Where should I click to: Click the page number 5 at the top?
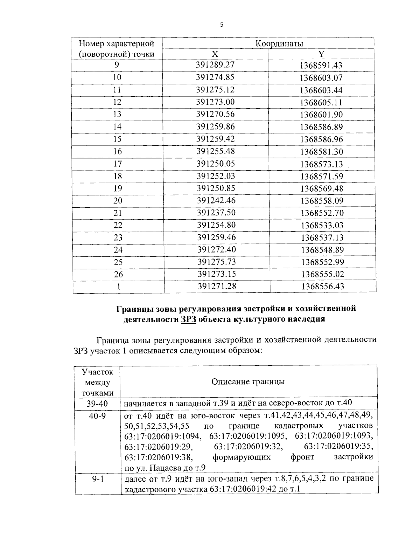tap(221, 25)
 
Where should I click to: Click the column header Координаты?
tap(279, 43)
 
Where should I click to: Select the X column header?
tap(215, 54)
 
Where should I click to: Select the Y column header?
tap(321, 54)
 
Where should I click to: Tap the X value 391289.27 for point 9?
tap(215, 65)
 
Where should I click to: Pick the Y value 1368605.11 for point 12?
tap(321, 102)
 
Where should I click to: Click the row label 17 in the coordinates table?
tap(118, 164)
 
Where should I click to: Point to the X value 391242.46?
tap(216, 200)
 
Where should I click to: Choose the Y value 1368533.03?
tap(322, 225)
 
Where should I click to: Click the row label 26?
tap(118, 274)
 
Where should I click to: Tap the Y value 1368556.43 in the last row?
tap(323, 287)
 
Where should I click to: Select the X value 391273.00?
tap(215, 102)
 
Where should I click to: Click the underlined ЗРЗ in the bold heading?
tap(189, 319)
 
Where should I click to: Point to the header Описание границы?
tap(248, 381)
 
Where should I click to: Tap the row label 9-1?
tap(97, 479)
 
